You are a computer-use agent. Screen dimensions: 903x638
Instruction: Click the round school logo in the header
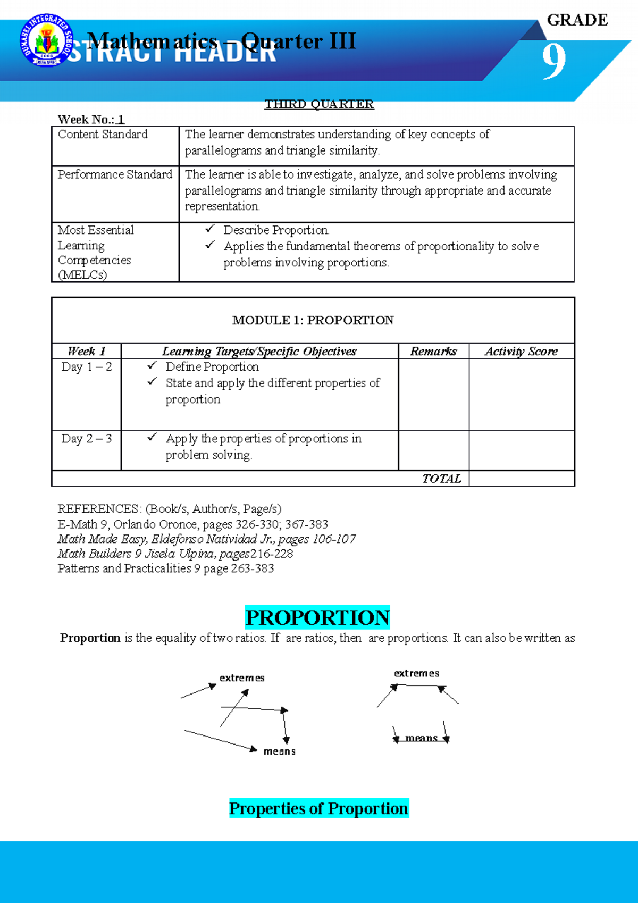[x=46, y=41]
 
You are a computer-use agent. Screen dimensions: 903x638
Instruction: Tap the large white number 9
[x=553, y=61]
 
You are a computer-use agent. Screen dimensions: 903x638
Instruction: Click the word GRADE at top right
[x=577, y=20]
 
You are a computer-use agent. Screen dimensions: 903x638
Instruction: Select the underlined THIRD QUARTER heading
[x=319, y=104]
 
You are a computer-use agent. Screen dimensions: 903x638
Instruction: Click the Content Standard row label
[x=103, y=135]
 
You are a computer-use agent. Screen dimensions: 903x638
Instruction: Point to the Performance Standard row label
[x=115, y=174]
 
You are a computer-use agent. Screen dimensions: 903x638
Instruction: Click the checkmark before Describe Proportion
[x=210, y=229]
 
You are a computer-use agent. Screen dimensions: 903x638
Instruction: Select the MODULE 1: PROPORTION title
[x=313, y=320]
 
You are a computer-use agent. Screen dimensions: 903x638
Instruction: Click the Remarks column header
[x=433, y=352]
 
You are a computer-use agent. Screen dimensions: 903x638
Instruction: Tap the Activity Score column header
[x=521, y=352]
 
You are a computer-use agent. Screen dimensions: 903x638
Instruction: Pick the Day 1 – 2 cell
[x=87, y=367]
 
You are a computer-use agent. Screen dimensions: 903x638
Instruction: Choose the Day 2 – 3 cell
[x=87, y=439]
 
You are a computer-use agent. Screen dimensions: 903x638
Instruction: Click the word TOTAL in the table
[x=441, y=479]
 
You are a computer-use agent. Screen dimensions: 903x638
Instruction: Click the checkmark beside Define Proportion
[x=152, y=365]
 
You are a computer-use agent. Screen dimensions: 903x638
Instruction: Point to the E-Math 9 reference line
[x=192, y=524]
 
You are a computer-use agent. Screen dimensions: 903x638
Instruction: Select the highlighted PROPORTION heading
[x=317, y=617]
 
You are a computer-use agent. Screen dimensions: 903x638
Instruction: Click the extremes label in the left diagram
[x=242, y=678]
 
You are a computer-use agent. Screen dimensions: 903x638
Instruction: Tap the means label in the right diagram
[x=421, y=738]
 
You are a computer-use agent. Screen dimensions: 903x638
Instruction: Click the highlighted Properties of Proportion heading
[x=318, y=808]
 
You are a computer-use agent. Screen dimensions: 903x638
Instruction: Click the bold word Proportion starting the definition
[x=90, y=638]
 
